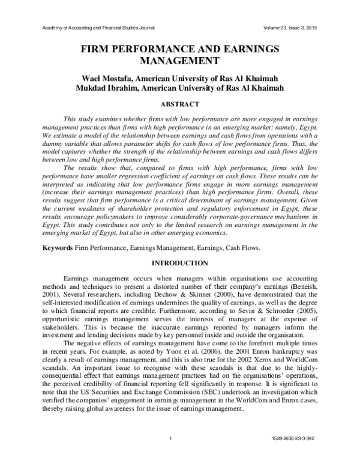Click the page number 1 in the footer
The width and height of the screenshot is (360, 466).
(171, 454)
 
